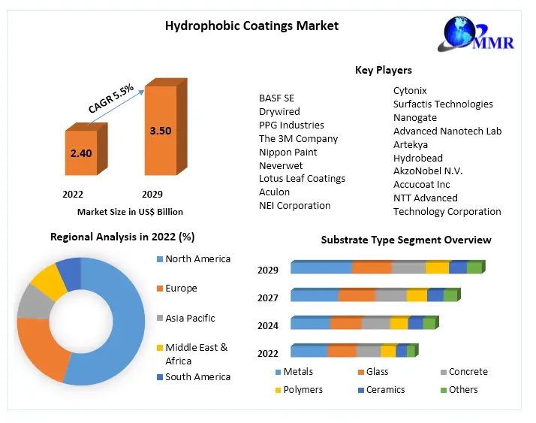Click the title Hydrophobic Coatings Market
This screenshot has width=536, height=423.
pos(251,26)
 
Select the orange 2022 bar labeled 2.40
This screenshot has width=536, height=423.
pos(81,154)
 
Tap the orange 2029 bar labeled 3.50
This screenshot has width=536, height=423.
pos(161,131)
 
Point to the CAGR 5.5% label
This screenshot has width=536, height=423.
pos(111,98)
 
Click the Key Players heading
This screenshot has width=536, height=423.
pos(383,70)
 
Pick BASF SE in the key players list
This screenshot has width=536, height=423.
pos(276,98)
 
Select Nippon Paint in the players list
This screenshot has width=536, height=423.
pos(288,152)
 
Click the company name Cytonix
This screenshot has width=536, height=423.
pos(410,91)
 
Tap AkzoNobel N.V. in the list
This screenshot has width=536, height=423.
pos(428,171)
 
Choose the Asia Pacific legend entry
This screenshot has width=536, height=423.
pos(190,318)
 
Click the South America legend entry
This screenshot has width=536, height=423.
pos(197,376)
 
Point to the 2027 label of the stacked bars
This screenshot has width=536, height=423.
pos(268,298)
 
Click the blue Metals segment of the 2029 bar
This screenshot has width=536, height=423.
pos(321,268)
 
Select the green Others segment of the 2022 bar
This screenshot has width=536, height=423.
pos(411,351)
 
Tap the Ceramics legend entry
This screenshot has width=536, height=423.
pos(385,390)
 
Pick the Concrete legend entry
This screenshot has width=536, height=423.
pos(468,372)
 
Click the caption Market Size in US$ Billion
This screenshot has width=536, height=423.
pos(130,212)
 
